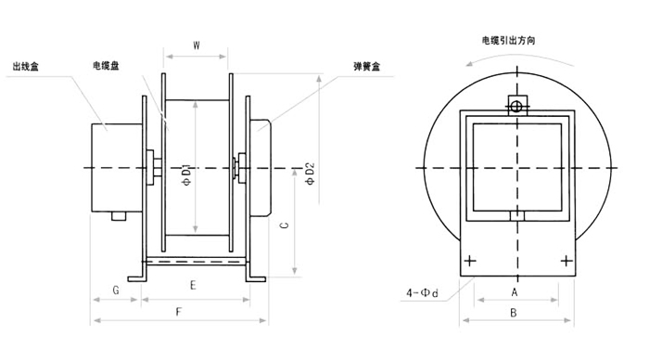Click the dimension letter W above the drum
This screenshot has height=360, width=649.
(197, 45)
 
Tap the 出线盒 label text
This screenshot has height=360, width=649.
(26, 66)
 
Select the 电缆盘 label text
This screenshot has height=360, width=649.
(106, 66)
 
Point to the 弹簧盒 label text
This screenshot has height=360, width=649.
(367, 66)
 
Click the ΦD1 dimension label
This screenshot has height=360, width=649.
(187, 175)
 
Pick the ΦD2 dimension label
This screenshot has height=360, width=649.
(310, 174)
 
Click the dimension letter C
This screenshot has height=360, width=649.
(285, 225)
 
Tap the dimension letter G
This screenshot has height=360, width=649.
(116, 290)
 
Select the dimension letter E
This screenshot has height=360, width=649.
(193, 286)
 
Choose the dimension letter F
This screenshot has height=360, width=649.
(179, 312)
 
